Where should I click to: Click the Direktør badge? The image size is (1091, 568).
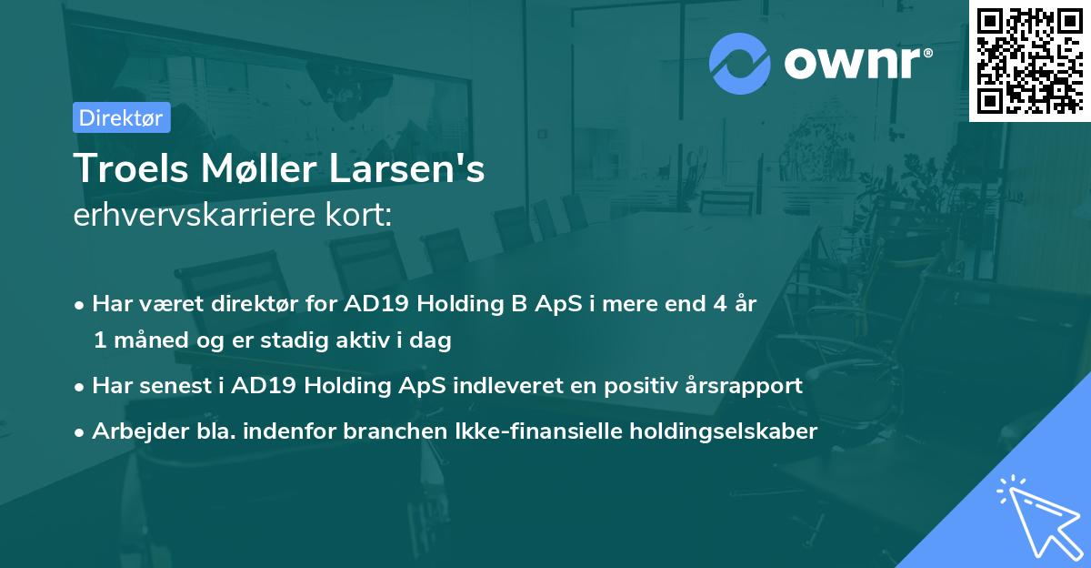point(121,118)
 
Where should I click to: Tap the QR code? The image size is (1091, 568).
point(1029,60)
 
